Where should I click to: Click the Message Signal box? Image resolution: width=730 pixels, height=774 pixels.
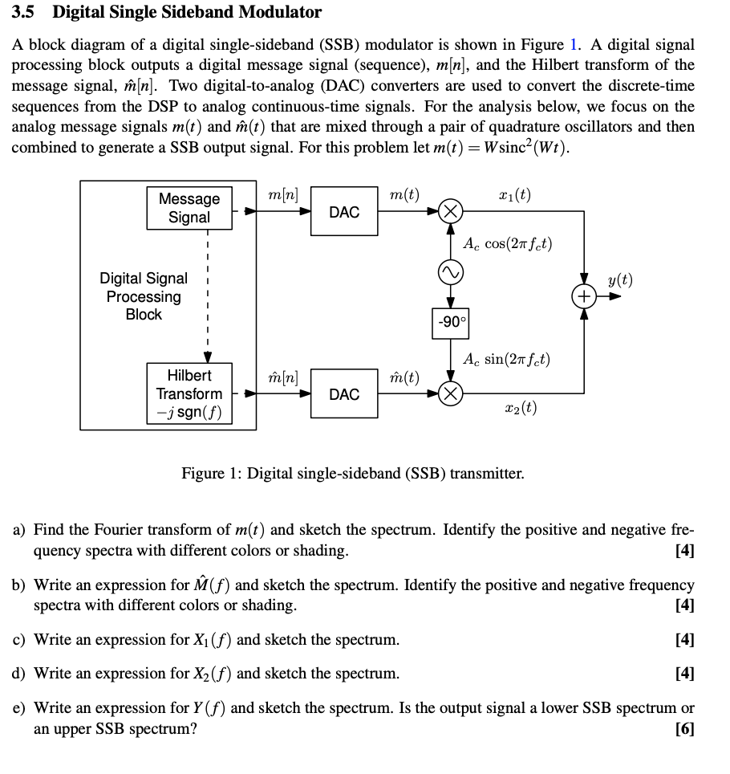[x=189, y=208]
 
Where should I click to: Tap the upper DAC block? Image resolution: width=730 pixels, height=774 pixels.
[x=344, y=212]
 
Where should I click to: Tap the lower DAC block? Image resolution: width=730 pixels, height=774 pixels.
[x=344, y=394]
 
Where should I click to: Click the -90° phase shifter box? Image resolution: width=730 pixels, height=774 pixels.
[x=452, y=322]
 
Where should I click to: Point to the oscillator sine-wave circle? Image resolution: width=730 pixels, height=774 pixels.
[x=452, y=274]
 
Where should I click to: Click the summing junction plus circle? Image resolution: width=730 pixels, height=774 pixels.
[x=584, y=296]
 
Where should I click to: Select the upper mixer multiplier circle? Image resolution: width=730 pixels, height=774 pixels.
[x=452, y=212]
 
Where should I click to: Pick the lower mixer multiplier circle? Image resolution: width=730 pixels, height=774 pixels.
[x=452, y=394]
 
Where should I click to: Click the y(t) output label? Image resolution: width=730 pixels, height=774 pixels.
[x=619, y=279]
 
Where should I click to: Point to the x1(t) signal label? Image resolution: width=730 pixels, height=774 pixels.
[x=514, y=195]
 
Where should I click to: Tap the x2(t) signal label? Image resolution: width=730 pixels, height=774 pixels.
[x=521, y=408]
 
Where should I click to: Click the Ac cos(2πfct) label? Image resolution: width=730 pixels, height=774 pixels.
[x=508, y=244]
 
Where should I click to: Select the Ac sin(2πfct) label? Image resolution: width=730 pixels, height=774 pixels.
[x=507, y=359]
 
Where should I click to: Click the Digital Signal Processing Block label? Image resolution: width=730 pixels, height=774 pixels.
[x=144, y=296]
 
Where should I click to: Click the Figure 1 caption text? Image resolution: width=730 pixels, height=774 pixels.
[x=352, y=473]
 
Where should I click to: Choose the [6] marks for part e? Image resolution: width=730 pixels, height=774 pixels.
[x=684, y=728]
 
